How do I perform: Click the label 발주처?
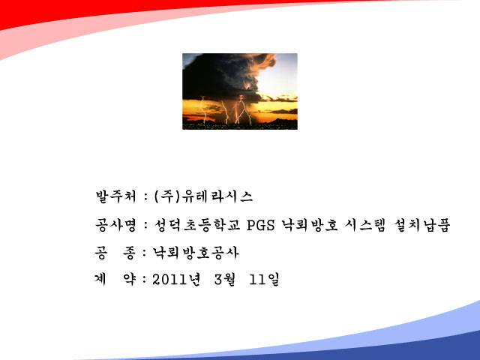[x=115, y=196]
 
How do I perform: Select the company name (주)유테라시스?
[x=203, y=196]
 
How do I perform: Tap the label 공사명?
[x=115, y=225]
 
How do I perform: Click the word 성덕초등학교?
[x=196, y=225]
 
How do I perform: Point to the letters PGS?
[x=260, y=225]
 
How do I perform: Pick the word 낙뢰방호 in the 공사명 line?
[x=310, y=225]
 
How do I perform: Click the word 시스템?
[x=364, y=225]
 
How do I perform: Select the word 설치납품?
[x=421, y=225]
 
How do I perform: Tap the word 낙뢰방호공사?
[x=195, y=253]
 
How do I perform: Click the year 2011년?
[x=176, y=280]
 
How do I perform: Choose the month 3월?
[x=225, y=280]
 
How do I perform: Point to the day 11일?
[x=264, y=280]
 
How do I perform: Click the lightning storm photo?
[x=240, y=91]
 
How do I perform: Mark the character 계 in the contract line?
[x=100, y=280]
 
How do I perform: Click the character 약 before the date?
[x=129, y=280]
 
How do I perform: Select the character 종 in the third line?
[x=129, y=253]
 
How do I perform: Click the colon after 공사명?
[x=145, y=226]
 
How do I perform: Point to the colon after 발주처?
[x=145, y=197]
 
